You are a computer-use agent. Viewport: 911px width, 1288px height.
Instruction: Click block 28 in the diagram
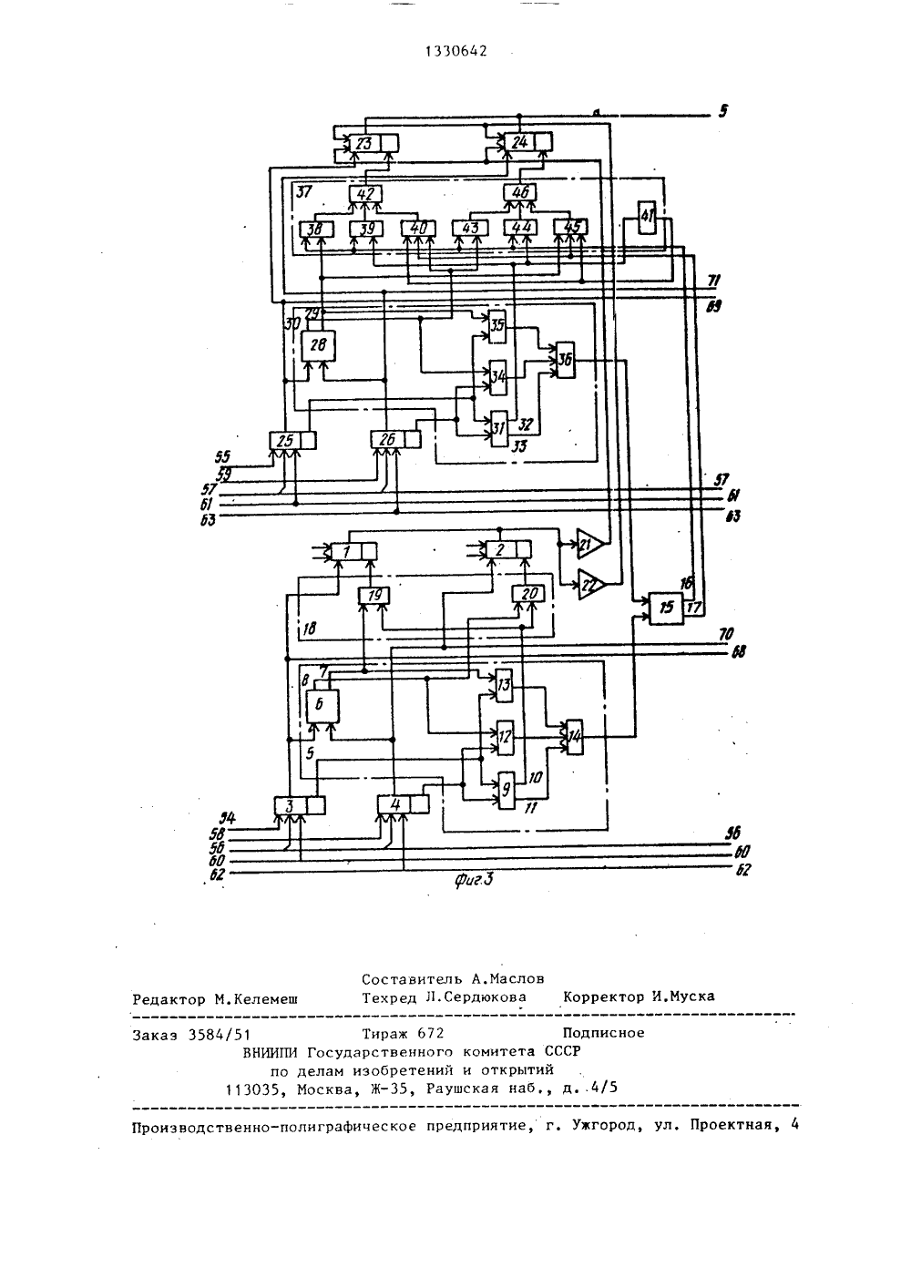(319, 345)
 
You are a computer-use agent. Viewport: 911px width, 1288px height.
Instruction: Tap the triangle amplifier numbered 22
(590, 585)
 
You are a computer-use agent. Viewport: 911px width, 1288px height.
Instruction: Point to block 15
(667, 608)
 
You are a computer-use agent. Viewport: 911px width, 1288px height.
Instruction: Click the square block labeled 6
(322, 707)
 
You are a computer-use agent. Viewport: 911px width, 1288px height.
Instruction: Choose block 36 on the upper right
(566, 361)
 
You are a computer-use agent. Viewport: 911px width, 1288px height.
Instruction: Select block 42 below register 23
(364, 194)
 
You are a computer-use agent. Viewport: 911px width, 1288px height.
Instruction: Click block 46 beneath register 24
(520, 192)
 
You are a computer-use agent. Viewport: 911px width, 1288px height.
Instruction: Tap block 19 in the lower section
(374, 596)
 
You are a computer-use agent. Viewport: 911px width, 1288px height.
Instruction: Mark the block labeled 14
(575, 737)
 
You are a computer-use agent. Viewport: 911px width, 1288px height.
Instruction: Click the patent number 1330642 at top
(456, 52)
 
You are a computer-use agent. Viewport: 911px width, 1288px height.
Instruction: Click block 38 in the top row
(316, 229)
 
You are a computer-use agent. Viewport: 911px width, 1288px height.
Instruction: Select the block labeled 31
(499, 429)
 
